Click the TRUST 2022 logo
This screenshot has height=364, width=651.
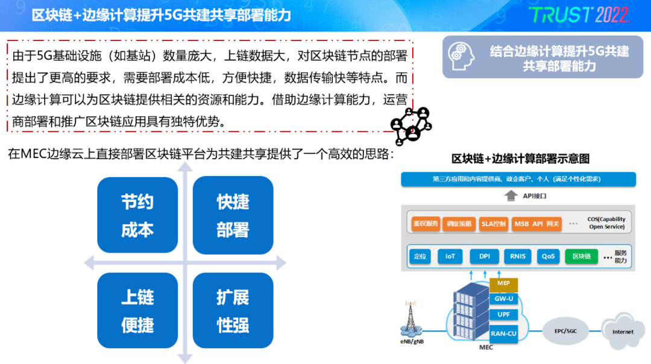pos(578,15)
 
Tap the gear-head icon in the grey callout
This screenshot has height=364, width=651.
pos(461,56)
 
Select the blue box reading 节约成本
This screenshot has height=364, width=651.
pos(137,215)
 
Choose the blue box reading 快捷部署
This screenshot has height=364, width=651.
pos(233,215)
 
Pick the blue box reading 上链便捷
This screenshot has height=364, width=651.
pos(137,310)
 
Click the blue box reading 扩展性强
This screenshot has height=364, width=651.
pos(233,310)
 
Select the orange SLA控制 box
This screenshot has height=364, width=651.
pos(494,224)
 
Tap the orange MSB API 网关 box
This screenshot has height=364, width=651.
pos(536,224)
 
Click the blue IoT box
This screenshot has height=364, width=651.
pos(450,256)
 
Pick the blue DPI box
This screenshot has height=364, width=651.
pos(484,256)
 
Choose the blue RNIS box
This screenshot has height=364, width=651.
pos(517,256)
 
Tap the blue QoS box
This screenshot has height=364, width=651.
pos(548,256)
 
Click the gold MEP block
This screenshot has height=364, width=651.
pos(503,283)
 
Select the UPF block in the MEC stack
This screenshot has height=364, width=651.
pos(503,315)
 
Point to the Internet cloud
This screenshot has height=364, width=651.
pos(623,331)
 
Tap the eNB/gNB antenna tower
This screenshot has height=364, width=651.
pos(411,318)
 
